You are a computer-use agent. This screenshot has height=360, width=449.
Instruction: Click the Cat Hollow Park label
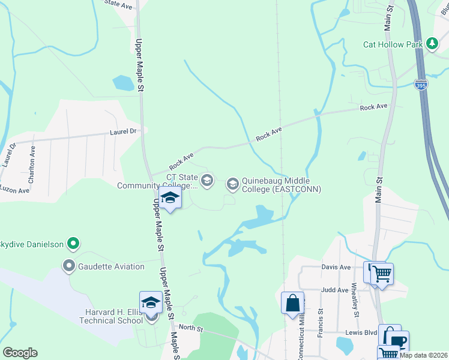(393, 44)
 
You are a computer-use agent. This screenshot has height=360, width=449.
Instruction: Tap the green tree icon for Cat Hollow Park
(432, 44)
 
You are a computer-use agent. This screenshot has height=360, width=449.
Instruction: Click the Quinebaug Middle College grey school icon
(232, 184)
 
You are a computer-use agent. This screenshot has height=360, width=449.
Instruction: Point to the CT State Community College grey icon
(207, 180)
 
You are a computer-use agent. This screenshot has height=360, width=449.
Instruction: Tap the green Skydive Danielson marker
(73, 244)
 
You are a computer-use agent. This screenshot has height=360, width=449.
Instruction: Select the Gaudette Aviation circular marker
(69, 266)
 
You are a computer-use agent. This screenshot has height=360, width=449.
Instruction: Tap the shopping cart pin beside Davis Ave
(381, 275)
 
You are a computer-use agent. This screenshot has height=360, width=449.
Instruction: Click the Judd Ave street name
(334, 290)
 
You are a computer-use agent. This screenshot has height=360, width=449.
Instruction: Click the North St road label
(191, 328)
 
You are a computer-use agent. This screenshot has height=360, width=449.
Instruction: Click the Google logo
(20, 352)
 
